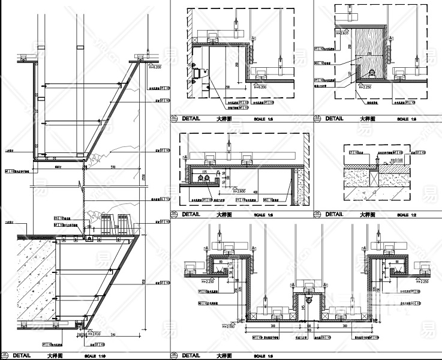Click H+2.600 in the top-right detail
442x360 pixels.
pos(342,33)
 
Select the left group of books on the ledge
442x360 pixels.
pos(107,223)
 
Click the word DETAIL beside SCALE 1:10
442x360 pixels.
pos(22,356)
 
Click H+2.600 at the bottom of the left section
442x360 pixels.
pos(93,334)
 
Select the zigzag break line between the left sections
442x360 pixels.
pos(81,180)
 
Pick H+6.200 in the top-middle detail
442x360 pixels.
pos(260,87)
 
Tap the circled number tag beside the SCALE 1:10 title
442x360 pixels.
pos(6,356)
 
